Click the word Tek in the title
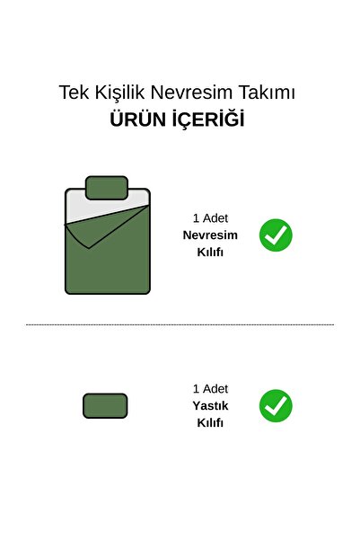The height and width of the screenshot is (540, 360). (x=74, y=93)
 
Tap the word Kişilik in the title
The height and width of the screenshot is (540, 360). (x=119, y=93)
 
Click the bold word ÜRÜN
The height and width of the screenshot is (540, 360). (x=137, y=119)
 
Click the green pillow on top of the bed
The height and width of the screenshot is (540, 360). (x=107, y=188)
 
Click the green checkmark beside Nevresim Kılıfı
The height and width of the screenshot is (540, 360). (x=276, y=235)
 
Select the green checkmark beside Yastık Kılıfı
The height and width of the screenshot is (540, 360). (x=276, y=405)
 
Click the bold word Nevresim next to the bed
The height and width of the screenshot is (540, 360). (x=210, y=235)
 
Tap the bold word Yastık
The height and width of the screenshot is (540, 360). (x=210, y=406)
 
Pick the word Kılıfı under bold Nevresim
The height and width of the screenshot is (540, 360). (x=210, y=252)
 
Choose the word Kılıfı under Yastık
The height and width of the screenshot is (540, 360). (x=210, y=422)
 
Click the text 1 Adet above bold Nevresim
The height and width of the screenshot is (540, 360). (x=210, y=218)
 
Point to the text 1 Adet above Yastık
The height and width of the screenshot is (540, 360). (x=210, y=389)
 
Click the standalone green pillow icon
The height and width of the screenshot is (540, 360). (x=105, y=406)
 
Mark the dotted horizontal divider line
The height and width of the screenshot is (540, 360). (x=180, y=324)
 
